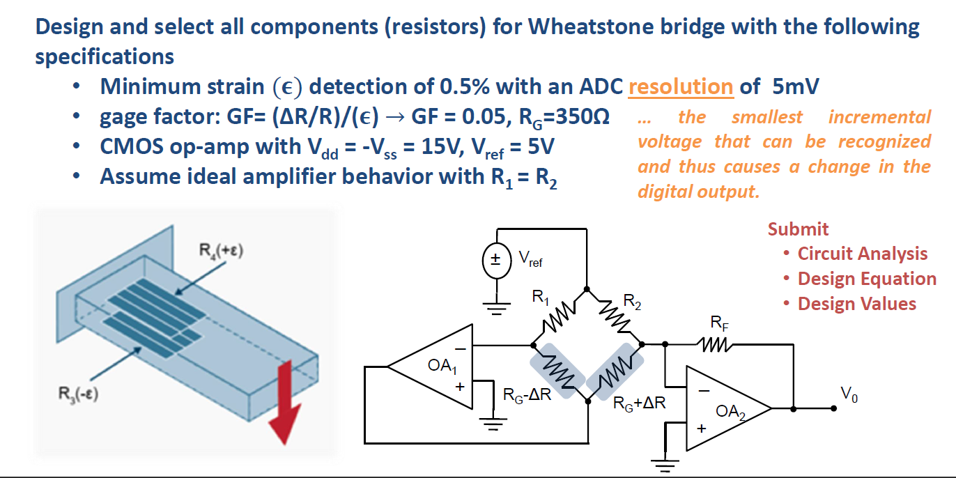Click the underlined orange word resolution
(x=680, y=87)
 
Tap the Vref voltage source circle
(x=497, y=262)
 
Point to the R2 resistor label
(x=632, y=301)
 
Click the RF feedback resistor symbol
(x=716, y=344)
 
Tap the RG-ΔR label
(x=527, y=395)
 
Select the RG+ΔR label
(x=639, y=403)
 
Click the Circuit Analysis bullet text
(x=862, y=254)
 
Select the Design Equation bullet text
(x=866, y=279)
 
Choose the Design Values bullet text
(x=856, y=304)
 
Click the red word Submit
(x=798, y=229)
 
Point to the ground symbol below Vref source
(x=496, y=307)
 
